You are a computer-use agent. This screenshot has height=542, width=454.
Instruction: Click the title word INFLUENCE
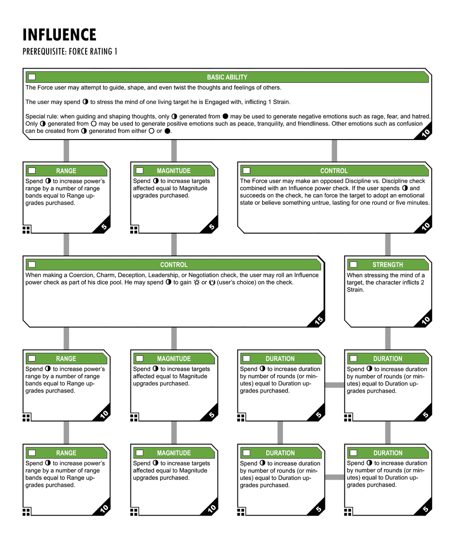(60, 35)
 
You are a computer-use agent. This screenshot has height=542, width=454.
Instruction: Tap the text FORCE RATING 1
(93, 52)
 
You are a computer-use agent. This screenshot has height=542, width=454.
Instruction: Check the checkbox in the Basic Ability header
(32, 77)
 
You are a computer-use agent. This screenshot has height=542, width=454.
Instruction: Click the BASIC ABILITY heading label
(227, 77)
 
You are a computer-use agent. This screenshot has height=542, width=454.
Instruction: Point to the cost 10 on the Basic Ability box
(426, 134)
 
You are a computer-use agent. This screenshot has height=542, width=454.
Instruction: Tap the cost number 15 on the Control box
(319, 321)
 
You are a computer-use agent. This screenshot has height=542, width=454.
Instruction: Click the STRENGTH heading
(387, 265)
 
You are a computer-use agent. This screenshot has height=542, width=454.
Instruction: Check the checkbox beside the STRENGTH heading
(353, 265)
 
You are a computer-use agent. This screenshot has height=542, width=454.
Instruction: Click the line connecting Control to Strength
(388, 245)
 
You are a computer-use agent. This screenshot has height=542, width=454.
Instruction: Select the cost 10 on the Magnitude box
(212, 508)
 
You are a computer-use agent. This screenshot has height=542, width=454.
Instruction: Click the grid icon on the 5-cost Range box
(26, 229)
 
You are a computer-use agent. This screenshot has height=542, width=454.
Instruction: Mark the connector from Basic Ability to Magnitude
(174, 151)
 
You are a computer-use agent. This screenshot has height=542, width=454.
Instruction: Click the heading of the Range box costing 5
(66, 171)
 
